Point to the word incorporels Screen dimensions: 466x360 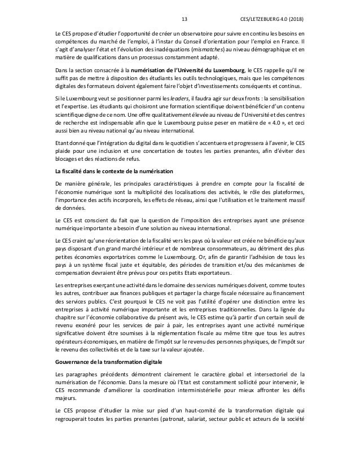(x=137, y=200)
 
